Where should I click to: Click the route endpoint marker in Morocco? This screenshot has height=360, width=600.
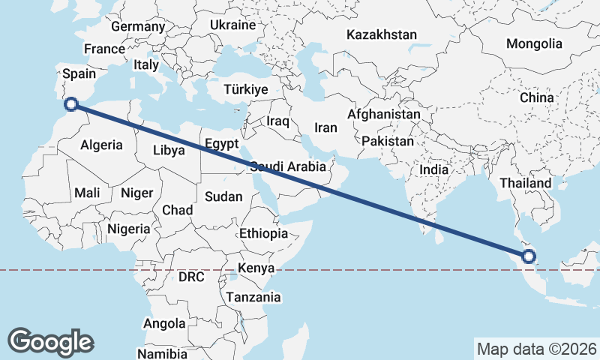[x=72, y=104]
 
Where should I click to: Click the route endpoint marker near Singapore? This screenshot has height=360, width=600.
[x=529, y=256]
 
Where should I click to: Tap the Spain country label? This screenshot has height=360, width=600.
[x=79, y=73]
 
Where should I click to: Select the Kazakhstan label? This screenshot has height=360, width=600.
[x=382, y=34]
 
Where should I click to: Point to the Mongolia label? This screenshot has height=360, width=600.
[x=534, y=43]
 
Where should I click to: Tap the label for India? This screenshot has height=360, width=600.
[x=433, y=169]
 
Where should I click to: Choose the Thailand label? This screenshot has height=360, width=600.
[x=526, y=183]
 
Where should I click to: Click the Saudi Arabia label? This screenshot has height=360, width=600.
[x=289, y=166]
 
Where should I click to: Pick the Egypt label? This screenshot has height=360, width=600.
[x=221, y=143]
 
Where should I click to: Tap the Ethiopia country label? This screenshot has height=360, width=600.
[x=263, y=233]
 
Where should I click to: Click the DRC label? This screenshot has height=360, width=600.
[x=191, y=277]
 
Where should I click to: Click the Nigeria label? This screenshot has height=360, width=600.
[x=129, y=229]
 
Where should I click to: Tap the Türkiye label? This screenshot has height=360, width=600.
[x=246, y=90]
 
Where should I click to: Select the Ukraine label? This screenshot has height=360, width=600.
[x=233, y=25]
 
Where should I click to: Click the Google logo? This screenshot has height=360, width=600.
[x=50, y=341]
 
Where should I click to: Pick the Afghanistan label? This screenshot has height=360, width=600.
[x=384, y=115]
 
